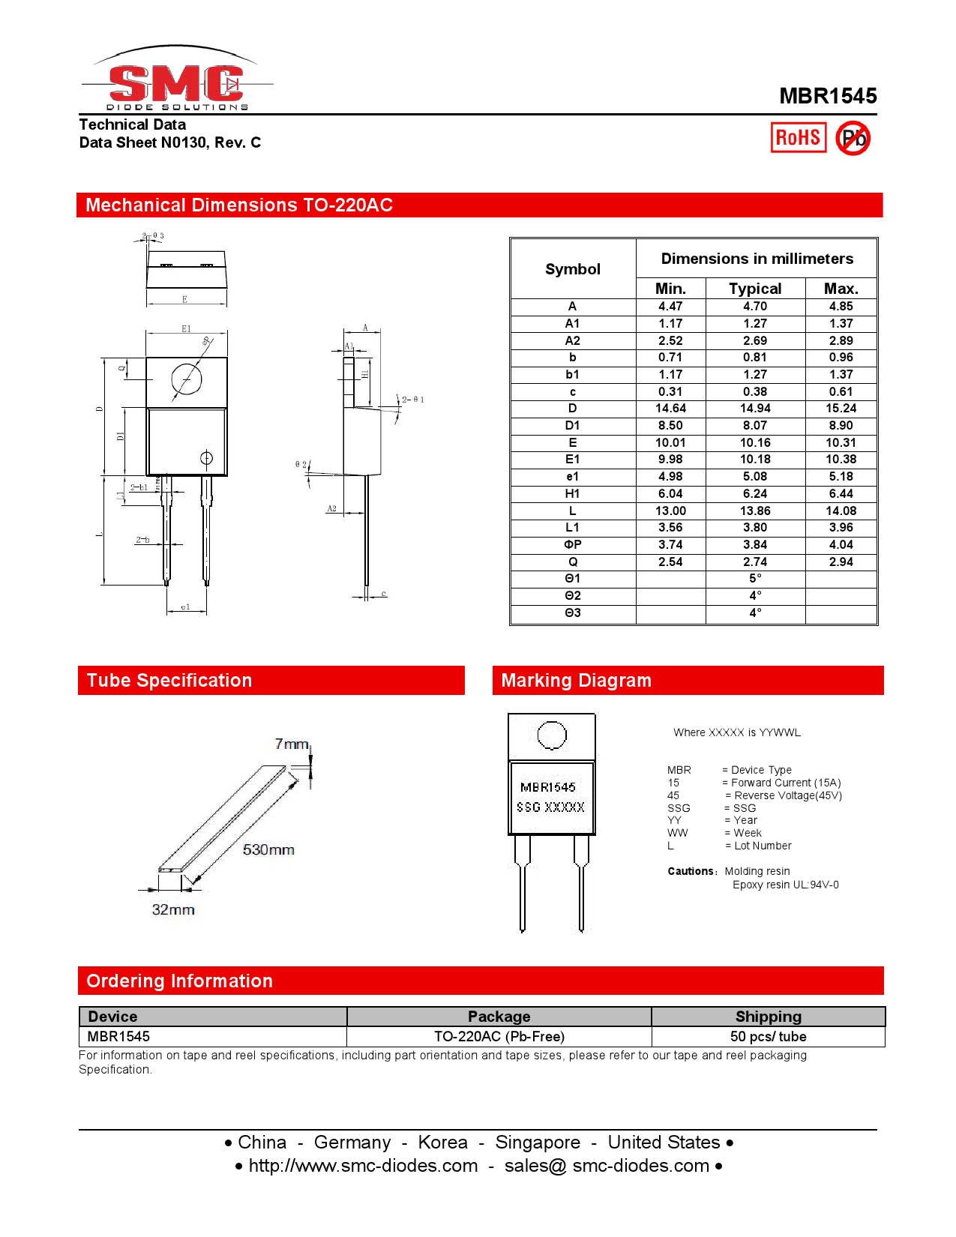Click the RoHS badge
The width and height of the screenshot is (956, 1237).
[799, 137]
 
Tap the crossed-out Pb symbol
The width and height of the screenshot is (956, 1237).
[853, 138]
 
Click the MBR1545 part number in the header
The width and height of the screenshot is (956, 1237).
[828, 96]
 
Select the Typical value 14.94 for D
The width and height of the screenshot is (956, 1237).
[755, 409]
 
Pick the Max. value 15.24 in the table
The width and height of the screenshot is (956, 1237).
[841, 409]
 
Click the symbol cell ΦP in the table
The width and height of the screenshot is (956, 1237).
[573, 545]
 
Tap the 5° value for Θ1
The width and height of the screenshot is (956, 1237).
[755, 579]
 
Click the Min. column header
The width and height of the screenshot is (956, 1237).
[670, 289]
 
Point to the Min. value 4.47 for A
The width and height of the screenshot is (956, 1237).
[670, 306]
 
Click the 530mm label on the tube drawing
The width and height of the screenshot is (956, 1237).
[268, 849]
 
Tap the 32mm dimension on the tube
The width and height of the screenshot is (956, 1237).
[173, 909]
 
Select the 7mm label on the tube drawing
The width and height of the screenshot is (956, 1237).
[292, 744]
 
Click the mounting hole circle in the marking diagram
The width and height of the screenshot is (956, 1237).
[552, 735]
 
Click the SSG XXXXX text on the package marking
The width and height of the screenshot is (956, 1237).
[550, 807]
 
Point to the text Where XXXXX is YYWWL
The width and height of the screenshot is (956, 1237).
[736, 732]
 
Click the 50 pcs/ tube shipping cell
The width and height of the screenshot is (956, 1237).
[768, 1037]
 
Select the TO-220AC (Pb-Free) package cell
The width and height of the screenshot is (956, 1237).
[499, 1037]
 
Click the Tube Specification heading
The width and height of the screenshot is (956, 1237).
[169, 680]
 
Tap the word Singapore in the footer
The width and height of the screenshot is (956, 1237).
[538, 1143]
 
